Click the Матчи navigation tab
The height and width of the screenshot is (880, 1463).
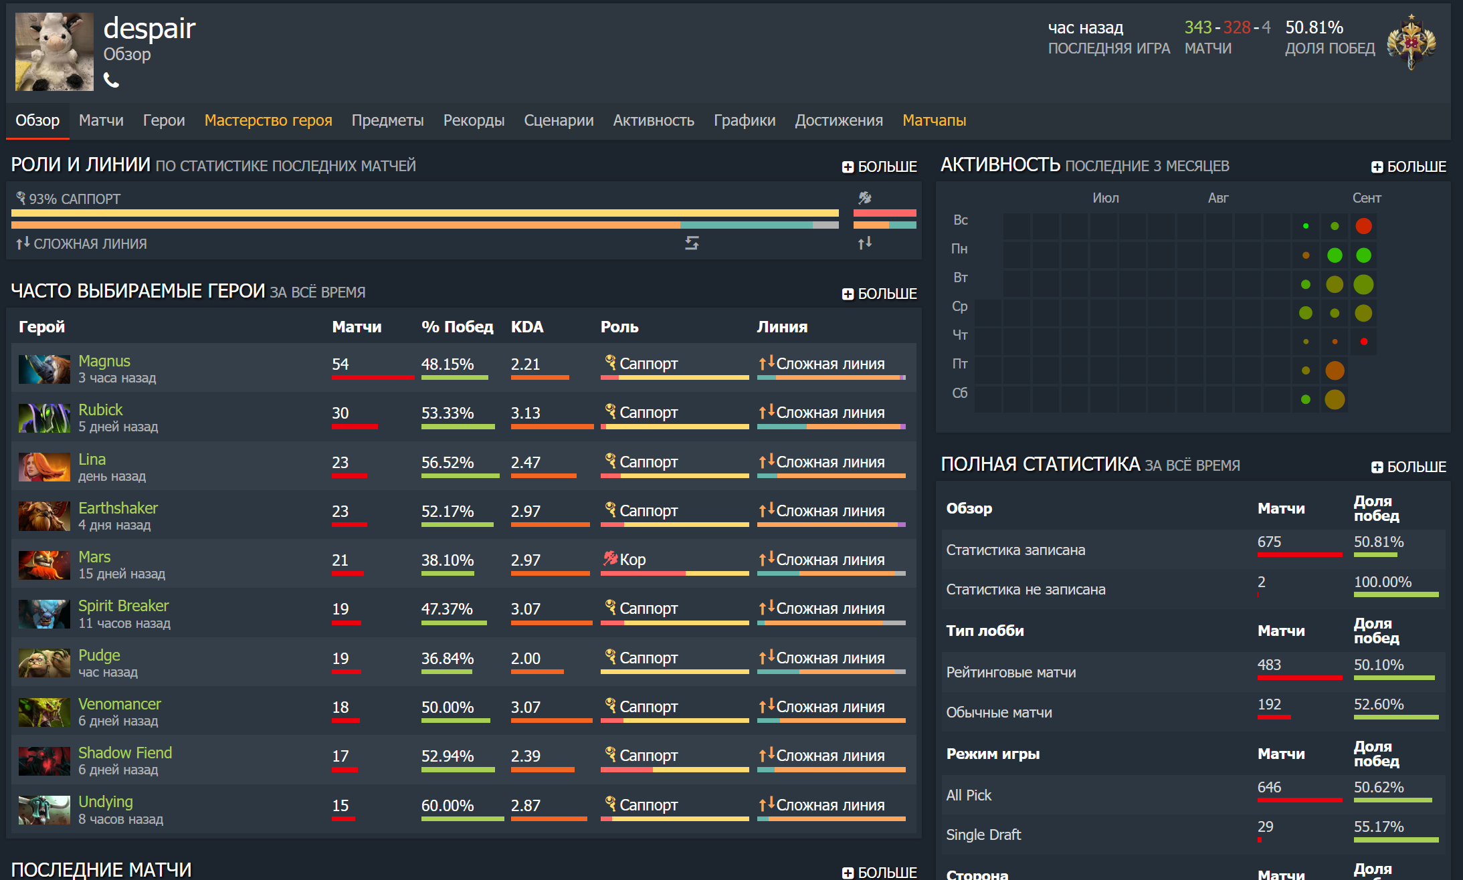[101, 120]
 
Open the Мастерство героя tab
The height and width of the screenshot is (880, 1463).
[268, 120]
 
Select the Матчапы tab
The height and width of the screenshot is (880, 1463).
[934, 120]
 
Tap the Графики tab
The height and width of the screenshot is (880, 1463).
[745, 120]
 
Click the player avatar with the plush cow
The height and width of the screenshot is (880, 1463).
[54, 51]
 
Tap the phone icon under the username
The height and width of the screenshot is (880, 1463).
[111, 80]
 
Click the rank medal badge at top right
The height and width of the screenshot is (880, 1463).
[1411, 42]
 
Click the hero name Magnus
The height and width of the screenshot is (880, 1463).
[104, 361]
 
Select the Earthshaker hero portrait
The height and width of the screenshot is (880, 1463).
[44, 516]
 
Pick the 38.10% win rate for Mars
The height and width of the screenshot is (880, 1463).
[448, 560]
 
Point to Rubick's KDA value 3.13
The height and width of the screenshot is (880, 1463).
[525, 413]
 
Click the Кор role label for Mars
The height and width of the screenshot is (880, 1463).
[632, 560]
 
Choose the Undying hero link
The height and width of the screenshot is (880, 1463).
[106, 802]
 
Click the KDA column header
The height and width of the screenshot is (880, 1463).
[527, 327]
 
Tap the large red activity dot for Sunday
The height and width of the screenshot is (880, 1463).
[1363, 226]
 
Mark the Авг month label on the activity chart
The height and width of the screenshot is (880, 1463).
[1218, 198]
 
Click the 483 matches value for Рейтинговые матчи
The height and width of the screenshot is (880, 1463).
[1269, 665]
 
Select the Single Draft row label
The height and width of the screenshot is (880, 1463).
[983, 835]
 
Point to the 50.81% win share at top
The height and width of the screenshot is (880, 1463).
[1314, 27]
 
